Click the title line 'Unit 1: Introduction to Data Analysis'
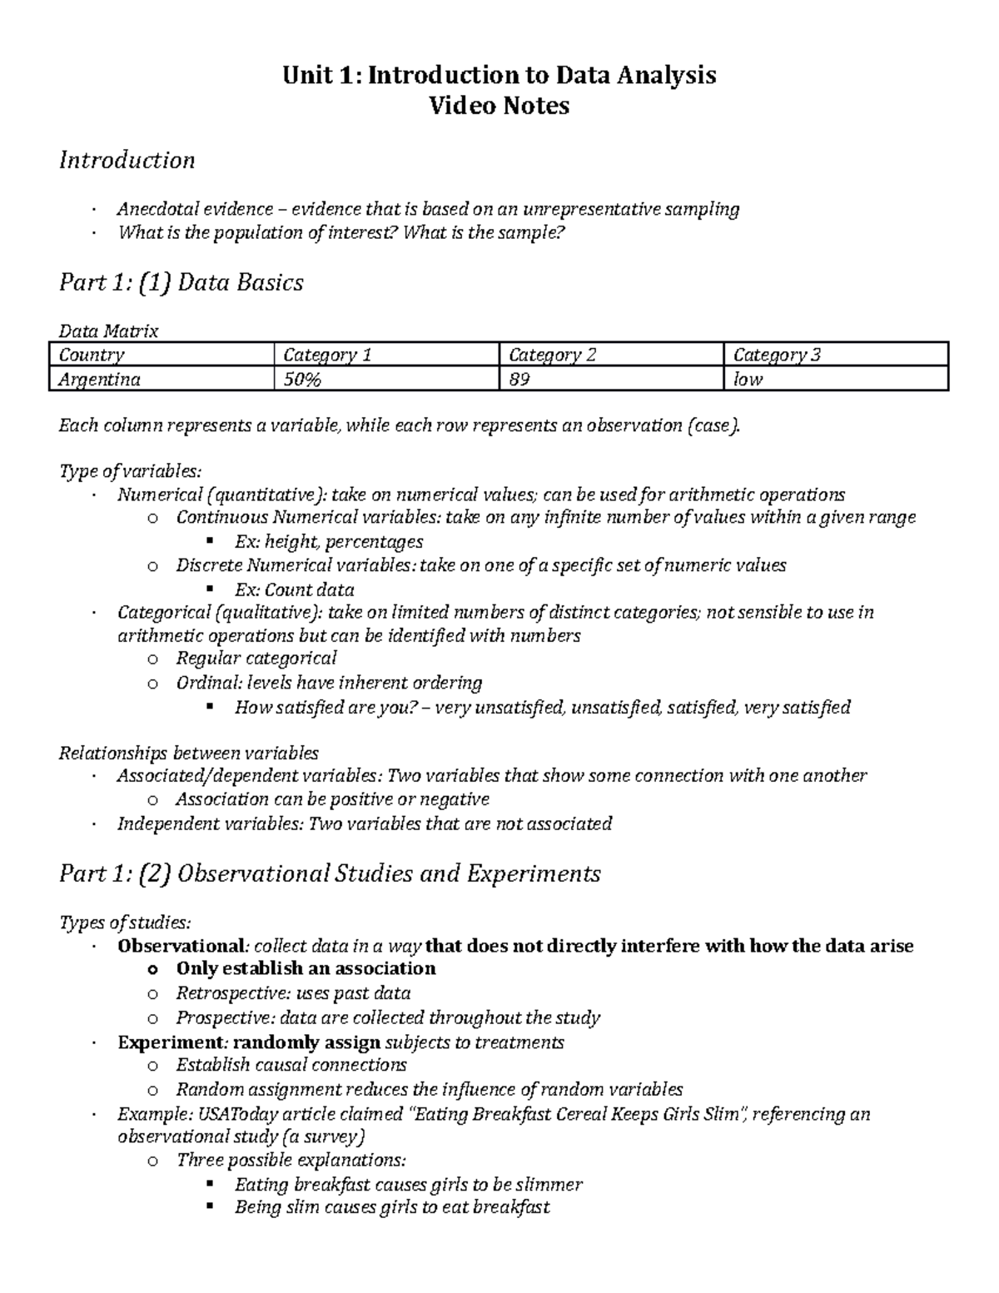pyautogui.click(x=499, y=76)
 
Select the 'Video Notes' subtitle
pyautogui.click(x=499, y=106)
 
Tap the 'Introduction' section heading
pyautogui.click(x=127, y=160)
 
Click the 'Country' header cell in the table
pyautogui.click(x=92, y=355)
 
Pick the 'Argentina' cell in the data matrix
pyautogui.click(x=99, y=380)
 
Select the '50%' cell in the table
pyautogui.click(x=302, y=380)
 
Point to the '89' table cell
pyautogui.click(x=519, y=380)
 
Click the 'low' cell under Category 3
pyautogui.click(x=748, y=380)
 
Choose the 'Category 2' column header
pyautogui.click(x=553, y=355)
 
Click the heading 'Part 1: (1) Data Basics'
pyautogui.click(x=181, y=283)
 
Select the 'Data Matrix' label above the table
pyautogui.click(x=108, y=331)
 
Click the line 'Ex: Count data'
pyautogui.click(x=294, y=590)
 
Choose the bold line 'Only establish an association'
pyautogui.click(x=306, y=968)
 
